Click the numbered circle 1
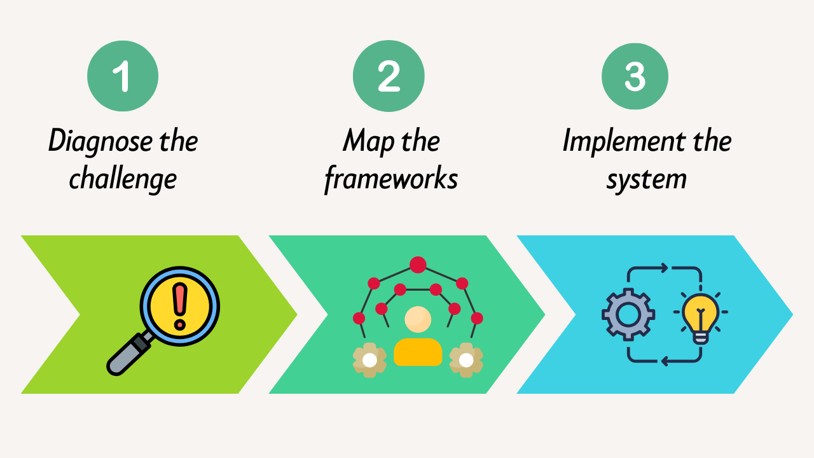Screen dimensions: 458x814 (122, 76)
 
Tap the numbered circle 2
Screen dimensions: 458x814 (389, 76)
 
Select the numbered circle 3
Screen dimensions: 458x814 (635, 76)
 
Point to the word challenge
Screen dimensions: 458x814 (122, 179)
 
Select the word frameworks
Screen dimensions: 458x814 (390, 179)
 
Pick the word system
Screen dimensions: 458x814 (646, 179)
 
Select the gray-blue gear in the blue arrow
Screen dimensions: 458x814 (628, 314)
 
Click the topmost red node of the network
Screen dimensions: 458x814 (418, 264)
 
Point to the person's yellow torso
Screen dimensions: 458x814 (418, 352)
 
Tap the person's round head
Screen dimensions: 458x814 (418, 320)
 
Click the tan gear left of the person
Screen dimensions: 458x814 (369, 360)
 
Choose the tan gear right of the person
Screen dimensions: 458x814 (466, 360)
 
